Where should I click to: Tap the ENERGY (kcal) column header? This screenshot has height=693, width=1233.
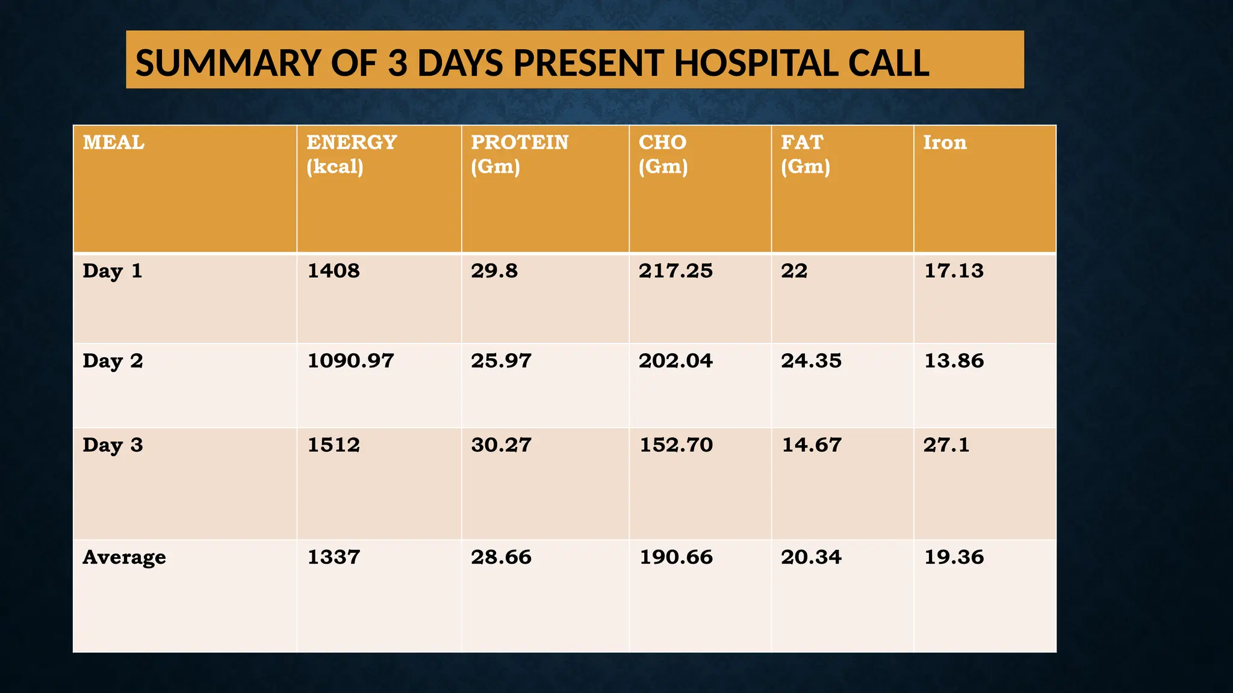351,154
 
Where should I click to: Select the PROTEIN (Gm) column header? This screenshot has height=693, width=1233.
519,154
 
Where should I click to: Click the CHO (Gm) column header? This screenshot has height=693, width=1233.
663,154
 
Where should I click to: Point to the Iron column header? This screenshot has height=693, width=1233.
945,143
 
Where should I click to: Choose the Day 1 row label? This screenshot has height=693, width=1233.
113,271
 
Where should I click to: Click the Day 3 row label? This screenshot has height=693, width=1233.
113,445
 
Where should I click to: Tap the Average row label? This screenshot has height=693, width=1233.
124,558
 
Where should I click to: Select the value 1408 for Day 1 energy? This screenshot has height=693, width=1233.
334,271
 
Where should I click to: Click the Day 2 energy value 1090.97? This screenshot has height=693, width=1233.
350,361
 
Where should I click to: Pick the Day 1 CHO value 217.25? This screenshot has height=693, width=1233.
676,271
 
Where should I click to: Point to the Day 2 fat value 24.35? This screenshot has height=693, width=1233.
811,361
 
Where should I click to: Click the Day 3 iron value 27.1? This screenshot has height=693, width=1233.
946,445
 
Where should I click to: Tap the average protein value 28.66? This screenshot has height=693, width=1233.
501,557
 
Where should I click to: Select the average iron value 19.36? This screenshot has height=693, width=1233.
954,557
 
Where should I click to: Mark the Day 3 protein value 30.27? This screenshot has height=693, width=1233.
501,445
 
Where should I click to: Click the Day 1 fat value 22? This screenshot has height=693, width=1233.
794,271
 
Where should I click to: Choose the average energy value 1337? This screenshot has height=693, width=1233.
334,557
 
